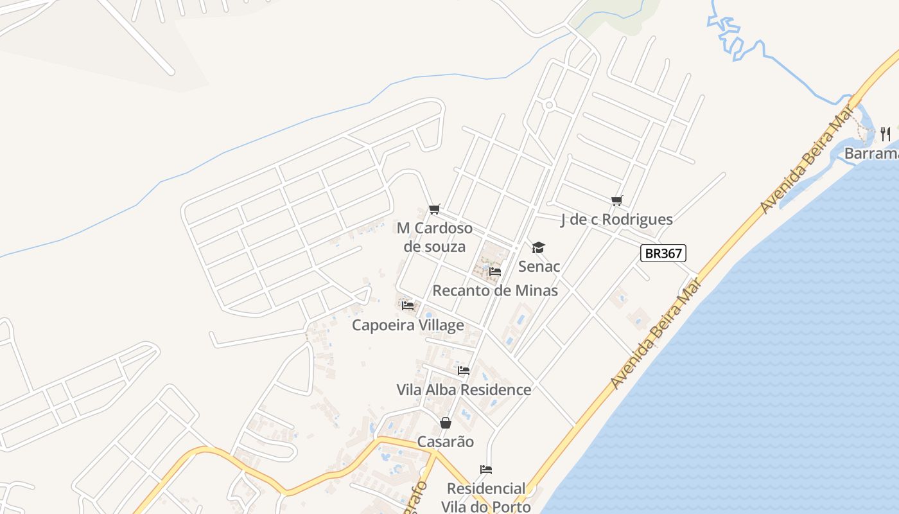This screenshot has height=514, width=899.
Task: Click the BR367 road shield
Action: tap(663, 253)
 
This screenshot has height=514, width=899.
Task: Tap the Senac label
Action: tap(539, 266)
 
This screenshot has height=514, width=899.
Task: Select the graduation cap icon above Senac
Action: tap(538, 247)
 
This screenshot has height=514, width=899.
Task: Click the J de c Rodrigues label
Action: tap(616, 219)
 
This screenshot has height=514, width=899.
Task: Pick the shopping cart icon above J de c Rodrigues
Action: tap(617, 200)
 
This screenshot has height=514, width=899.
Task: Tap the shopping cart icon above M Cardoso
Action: tap(435, 209)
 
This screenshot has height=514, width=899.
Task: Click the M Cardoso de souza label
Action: tap(435, 237)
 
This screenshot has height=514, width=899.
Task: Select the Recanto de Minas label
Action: tap(495, 290)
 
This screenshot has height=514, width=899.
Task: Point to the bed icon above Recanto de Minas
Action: tap(494, 272)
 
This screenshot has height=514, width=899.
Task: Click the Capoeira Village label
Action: tap(408, 325)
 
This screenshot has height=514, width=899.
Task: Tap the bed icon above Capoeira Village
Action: tap(408, 306)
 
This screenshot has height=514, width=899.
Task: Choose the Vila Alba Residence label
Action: tap(464, 389)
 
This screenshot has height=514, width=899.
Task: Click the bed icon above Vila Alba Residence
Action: tap(464, 371)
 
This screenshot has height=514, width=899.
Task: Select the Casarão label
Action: tap(446, 441)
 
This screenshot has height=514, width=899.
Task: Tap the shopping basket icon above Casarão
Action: tap(446, 423)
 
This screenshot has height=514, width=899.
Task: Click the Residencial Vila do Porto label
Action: tap(486, 497)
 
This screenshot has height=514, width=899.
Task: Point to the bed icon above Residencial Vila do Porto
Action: tap(486, 470)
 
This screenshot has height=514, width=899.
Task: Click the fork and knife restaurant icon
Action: tap(886, 134)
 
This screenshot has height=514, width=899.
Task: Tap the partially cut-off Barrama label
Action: tap(871, 154)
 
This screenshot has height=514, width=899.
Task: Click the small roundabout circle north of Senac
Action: tap(548, 105)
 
